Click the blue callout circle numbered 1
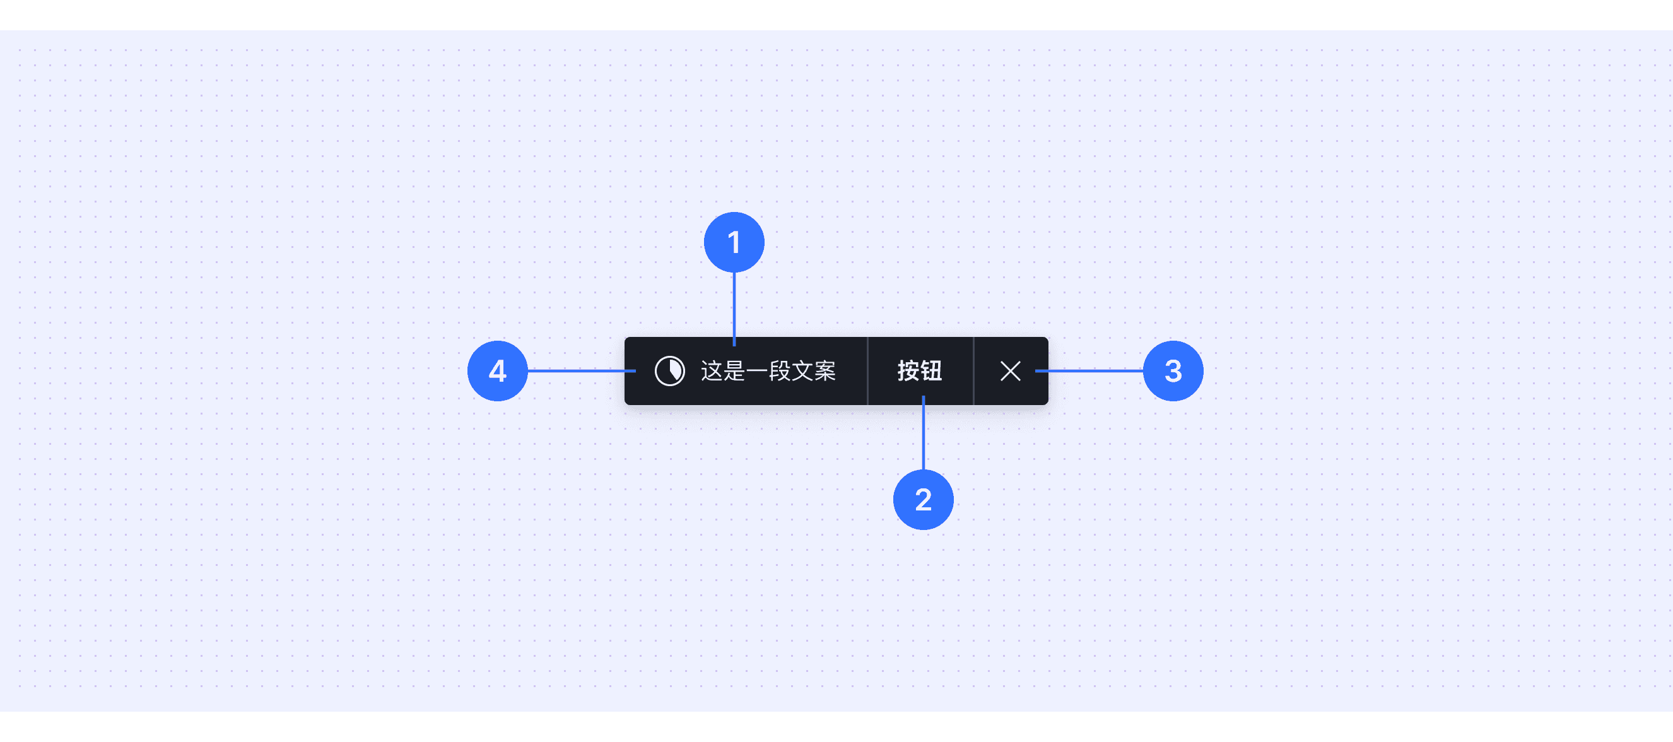[734, 242]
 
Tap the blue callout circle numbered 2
[923, 500]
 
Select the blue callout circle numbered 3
[1173, 371]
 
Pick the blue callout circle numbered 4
[498, 371]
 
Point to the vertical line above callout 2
[923, 435]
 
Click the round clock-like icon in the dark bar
[669, 371]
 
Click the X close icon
[1010, 371]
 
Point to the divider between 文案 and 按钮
[867, 371]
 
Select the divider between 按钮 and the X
[973, 371]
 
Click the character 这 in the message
[712, 371]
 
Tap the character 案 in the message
[825, 371]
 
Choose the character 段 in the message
[779, 371]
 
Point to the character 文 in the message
[802, 371]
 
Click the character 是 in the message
[734, 371]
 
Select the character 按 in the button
[908, 370]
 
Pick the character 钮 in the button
[931, 370]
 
